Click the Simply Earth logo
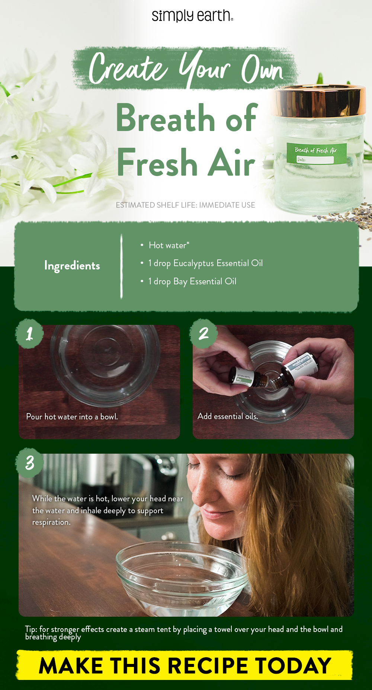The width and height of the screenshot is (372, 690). [x=192, y=16]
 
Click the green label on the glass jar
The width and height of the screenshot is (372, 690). [x=316, y=153]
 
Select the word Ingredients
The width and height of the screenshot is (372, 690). [x=72, y=266]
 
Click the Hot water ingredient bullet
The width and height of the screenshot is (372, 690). [x=169, y=245]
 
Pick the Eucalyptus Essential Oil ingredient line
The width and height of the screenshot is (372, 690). [x=205, y=263]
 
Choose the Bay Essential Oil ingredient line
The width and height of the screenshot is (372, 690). [x=192, y=281]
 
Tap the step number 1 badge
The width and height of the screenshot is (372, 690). [x=29, y=333]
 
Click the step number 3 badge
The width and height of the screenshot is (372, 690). [x=30, y=463]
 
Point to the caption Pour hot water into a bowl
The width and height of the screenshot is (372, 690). [x=72, y=417]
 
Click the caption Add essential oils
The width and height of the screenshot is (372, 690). [x=228, y=416]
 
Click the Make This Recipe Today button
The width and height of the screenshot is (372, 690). [x=185, y=665]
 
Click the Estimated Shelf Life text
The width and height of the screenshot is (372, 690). [x=185, y=205]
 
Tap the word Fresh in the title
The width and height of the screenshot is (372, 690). [x=157, y=163]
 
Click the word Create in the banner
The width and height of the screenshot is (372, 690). [x=128, y=68]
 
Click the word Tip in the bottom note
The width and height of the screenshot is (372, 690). [x=31, y=629]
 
